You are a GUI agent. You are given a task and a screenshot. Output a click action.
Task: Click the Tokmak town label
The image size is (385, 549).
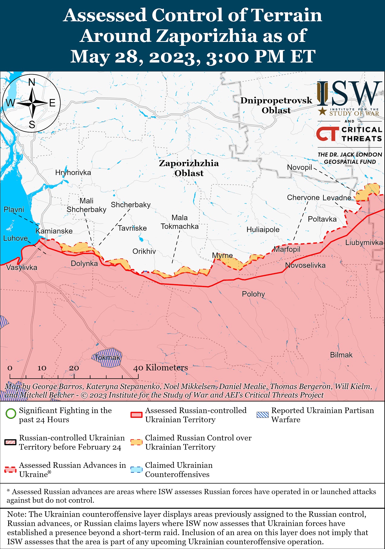(107, 358)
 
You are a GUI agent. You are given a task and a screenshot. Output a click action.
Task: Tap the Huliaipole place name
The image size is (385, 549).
(263, 230)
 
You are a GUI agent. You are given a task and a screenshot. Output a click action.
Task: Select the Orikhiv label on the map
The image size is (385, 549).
(144, 251)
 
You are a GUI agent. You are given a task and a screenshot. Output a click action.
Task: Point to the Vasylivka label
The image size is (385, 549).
(22, 268)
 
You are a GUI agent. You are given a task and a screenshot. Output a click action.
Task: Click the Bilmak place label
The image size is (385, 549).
(341, 355)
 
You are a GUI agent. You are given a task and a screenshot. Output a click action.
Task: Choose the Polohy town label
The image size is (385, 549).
(253, 294)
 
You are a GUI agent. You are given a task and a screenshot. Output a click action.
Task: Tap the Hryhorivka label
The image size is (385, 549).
(73, 173)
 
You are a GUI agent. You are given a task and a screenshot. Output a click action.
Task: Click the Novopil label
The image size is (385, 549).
(299, 167)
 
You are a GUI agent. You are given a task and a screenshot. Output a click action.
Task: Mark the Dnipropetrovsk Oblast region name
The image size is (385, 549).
(276, 105)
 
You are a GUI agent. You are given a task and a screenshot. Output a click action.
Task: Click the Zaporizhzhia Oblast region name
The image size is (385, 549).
(189, 168)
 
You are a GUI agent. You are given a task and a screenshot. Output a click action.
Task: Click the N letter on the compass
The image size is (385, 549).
(32, 82)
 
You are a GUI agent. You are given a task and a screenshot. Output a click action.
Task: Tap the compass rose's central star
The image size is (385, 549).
(32, 103)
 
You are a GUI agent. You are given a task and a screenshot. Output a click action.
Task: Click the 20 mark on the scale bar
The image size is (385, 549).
(74, 368)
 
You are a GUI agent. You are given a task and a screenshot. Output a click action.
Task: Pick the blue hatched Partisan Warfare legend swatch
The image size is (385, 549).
(262, 415)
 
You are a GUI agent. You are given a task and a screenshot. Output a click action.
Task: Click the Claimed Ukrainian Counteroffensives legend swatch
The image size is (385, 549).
(136, 470)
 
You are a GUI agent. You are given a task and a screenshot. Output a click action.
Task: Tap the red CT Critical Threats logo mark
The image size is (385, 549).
(327, 134)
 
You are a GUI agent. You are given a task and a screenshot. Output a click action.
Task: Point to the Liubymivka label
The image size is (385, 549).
(364, 243)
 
